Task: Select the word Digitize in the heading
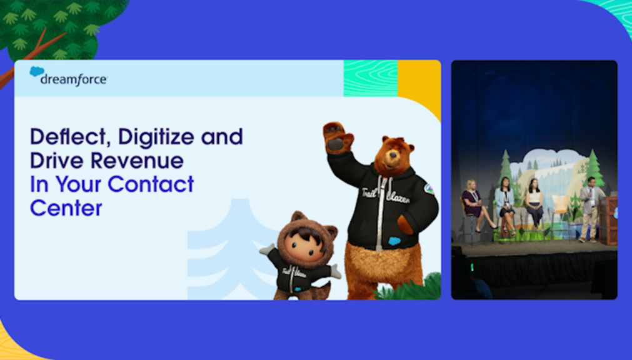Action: click(x=156, y=137)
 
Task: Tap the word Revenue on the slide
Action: click(x=137, y=161)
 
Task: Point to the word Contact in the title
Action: click(x=151, y=184)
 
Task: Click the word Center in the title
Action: click(x=66, y=208)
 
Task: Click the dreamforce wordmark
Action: click(x=74, y=79)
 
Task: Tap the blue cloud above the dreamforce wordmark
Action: click(x=37, y=71)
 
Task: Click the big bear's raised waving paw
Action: click(x=338, y=137)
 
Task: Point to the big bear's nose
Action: click(x=389, y=154)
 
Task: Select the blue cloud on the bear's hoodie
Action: click(x=394, y=241)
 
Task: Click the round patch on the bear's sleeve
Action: click(x=429, y=189)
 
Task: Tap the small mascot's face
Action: click(x=304, y=246)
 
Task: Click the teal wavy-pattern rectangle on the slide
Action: click(x=371, y=78)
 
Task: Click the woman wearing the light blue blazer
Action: click(x=506, y=206)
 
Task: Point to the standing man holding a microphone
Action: click(x=589, y=209)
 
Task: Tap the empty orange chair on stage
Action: click(x=561, y=214)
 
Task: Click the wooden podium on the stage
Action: click(x=609, y=219)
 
